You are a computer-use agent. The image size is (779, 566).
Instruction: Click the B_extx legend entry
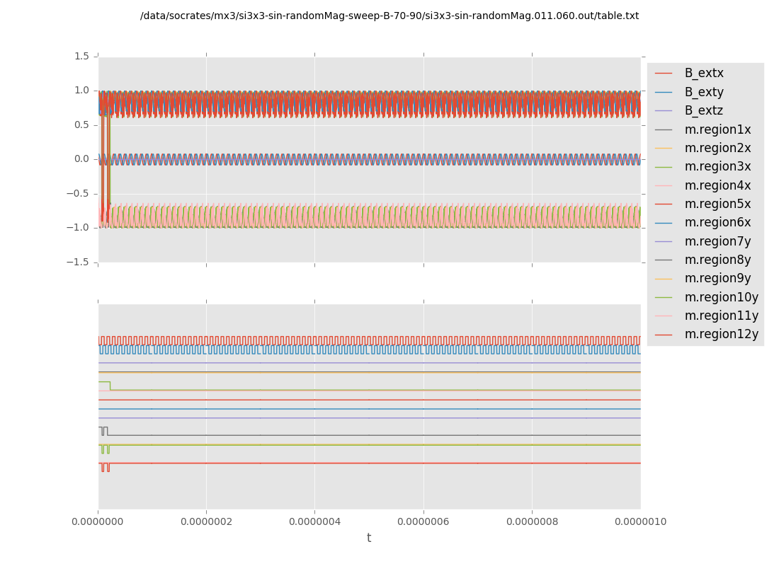coord(703,73)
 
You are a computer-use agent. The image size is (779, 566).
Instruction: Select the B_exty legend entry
coord(703,92)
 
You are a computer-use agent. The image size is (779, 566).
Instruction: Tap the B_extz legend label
coord(703,110)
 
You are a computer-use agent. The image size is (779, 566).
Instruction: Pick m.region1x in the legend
coord(717,129)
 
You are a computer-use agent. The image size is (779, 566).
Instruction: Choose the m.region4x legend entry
coord(717,185)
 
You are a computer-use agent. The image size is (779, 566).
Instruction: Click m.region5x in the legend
coord(717,204)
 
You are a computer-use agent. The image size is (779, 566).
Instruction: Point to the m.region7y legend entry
coord(717,241)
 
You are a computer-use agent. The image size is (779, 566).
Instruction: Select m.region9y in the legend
coord(717,278)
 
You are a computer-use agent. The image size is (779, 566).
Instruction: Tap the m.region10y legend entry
coord(721,297)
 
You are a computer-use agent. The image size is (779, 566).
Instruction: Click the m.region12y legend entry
coord(721,334)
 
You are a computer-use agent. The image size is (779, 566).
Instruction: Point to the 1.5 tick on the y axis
coord(81,56)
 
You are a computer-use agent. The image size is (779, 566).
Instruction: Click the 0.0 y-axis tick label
coord(81,158)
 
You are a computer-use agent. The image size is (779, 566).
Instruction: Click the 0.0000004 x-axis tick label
coord(314,522)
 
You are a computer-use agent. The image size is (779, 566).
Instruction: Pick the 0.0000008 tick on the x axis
coord(532,522)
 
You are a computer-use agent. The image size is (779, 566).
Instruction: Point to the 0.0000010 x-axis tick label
coord(640,522)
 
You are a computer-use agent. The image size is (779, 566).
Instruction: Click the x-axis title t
coord(369,538)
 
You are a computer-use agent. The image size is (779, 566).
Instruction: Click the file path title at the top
coord(389,16)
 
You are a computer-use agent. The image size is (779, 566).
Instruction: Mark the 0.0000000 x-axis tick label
coord(98,522)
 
